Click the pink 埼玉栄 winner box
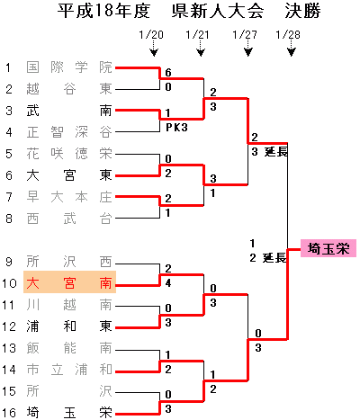328,248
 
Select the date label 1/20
151,35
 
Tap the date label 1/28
288,35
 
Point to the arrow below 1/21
201,49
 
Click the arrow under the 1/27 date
247,49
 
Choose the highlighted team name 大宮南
69,282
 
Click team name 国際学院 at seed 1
69,67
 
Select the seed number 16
9,413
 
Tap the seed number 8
9,219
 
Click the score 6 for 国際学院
168,72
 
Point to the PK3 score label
176,128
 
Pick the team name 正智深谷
69,132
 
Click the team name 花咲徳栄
69,154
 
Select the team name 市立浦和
69,370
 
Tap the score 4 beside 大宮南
168,282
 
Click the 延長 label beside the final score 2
274,257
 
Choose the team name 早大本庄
69,197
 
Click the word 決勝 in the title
302,11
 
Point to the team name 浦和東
69,326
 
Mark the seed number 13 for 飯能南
9,348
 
